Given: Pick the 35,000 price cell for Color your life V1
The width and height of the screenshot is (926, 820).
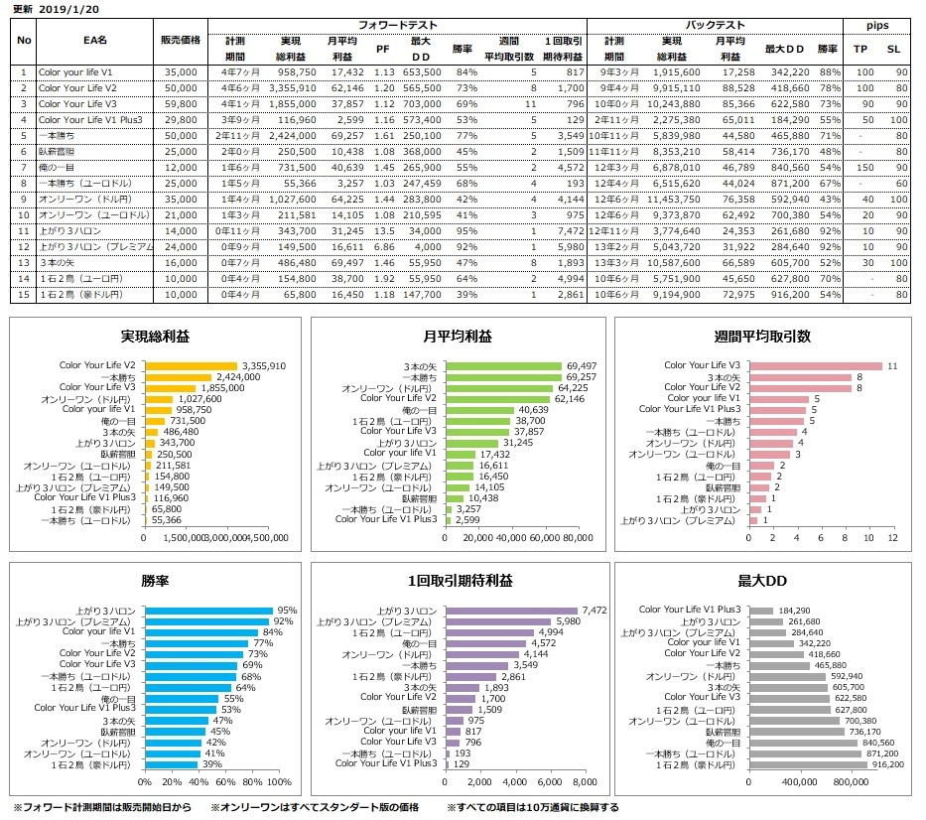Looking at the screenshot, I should (x=180, y=72).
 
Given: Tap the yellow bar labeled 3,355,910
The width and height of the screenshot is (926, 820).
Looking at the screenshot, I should (x=191, y=366).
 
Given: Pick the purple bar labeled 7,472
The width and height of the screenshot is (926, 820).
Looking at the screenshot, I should (x=511, y=611).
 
